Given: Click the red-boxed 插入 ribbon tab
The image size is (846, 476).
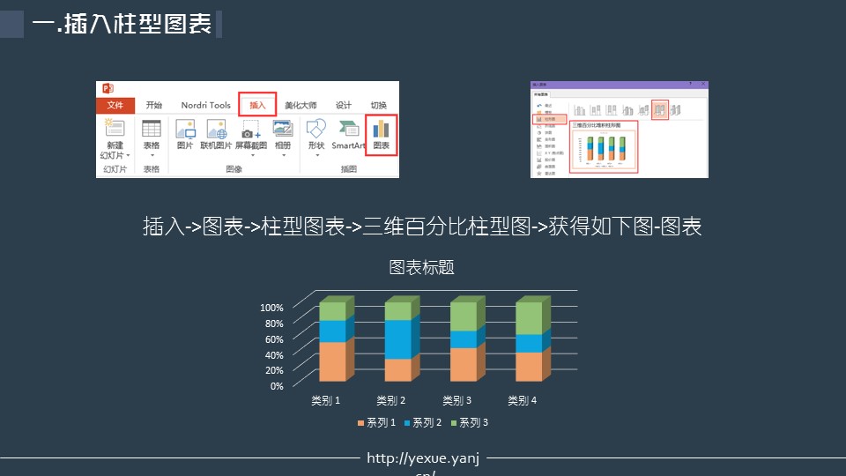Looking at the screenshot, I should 257,105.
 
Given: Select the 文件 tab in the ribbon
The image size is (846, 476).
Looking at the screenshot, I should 115,105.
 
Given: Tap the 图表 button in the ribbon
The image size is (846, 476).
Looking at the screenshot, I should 381,135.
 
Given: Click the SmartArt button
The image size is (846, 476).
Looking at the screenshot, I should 348,135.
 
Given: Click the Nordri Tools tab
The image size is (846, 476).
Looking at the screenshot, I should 205,105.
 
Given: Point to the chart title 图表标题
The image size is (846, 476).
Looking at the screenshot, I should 422,267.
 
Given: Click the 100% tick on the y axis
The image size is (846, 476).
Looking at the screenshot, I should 271,308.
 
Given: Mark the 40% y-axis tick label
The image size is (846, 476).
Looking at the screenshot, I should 271,355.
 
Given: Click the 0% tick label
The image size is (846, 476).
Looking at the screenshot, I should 276,386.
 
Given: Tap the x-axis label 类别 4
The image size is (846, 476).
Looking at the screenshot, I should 523,401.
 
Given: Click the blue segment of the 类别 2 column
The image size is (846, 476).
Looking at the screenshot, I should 397,339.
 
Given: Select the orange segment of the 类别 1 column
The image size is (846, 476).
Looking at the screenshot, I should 331,361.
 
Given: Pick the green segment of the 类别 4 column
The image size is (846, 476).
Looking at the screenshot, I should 528,318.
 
